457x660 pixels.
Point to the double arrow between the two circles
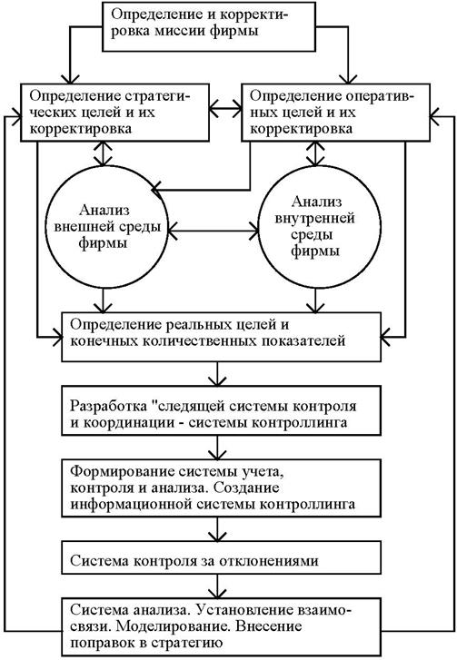[x=213, y=231]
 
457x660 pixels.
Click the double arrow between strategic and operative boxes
[x=225, y=110]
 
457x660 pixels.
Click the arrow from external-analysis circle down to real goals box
[x=102, y=300]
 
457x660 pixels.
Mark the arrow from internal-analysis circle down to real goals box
[x=315, y=300]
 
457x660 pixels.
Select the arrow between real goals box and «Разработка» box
[x=217, y=374]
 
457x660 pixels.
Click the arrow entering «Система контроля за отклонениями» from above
[x=217, y=529]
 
